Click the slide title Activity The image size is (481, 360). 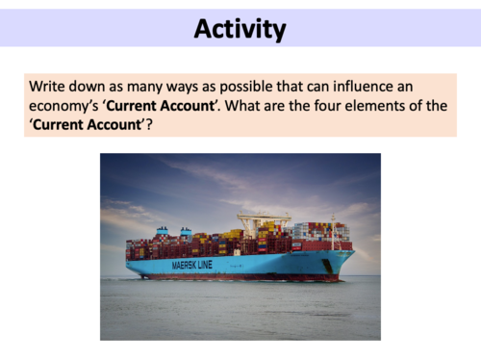pyautogui.click(x=240, y=30)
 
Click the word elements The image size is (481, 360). pyautogui.click(x=382, y=106)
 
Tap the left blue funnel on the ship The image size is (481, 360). pyautogui.click(x=162, y=233)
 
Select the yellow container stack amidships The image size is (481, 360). pyautogui.click(x=231, y=235)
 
